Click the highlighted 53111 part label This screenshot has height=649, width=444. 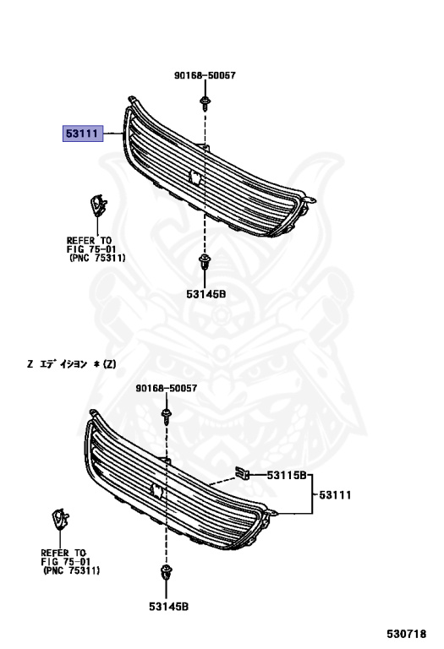tap(82, 134)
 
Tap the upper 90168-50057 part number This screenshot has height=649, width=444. tap(205, 75)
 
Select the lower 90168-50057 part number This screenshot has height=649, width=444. tap(167, 388)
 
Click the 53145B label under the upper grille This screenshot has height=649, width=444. tap(206, 294)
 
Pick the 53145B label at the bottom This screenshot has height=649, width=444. tap(168, 607)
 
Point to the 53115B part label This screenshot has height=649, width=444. tap(286, 475)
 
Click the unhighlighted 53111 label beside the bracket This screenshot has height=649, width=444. tap(335, 494)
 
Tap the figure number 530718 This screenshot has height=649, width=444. tap(406, 634)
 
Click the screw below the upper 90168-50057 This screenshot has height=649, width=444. tap(205, 103)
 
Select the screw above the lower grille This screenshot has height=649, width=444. tap(167, 417)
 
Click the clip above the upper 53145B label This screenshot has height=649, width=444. tap(205, 262)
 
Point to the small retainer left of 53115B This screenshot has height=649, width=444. tap(242, 472)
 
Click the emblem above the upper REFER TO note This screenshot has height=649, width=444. tap(98, 205)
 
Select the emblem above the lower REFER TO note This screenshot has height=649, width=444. tap(60, 519)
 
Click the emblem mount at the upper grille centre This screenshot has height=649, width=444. tap(195, 177)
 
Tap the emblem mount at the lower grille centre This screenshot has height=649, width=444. tap(156, 490)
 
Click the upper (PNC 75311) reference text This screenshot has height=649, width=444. tap(96, 259)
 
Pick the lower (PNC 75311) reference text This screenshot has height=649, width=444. tap(71, 570)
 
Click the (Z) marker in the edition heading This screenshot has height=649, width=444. tap(110, 364)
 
